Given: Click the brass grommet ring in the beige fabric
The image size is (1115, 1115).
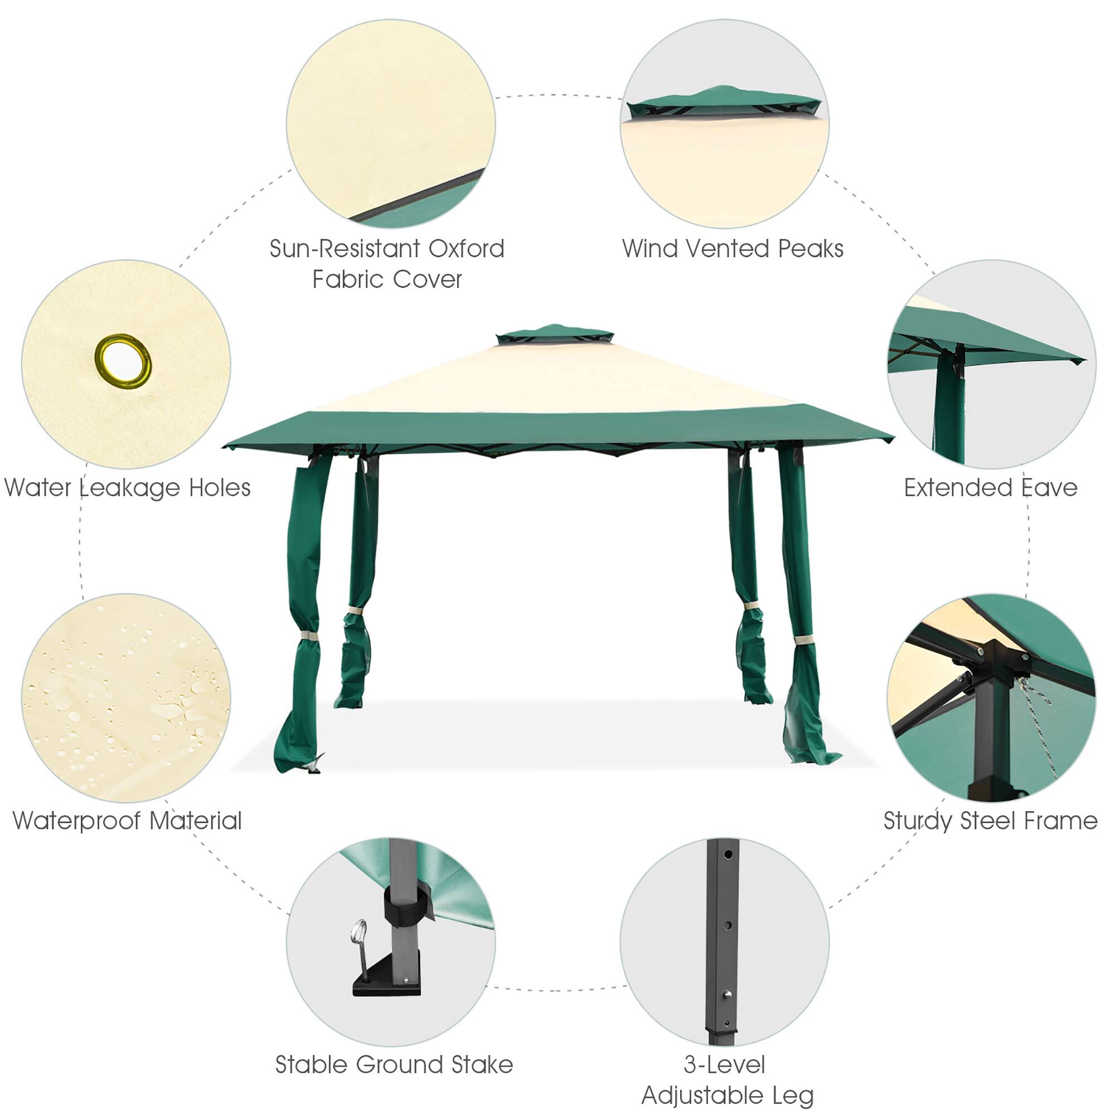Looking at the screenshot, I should point(123,361).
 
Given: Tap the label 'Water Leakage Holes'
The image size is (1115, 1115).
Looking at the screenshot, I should point(127,488).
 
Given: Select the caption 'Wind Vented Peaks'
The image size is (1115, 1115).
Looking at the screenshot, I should point(733,249).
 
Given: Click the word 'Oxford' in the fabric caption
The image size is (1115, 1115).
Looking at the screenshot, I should point(466,249).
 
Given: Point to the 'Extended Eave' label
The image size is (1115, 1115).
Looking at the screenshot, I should point(990,488).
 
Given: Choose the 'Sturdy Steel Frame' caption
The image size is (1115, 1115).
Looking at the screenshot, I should point(990,821).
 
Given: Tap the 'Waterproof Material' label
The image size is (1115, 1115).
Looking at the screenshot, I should point(127,821).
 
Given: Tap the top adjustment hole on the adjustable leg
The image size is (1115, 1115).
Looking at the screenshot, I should point(728,854).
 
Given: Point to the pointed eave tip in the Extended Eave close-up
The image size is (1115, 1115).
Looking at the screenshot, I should point(1080,361).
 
